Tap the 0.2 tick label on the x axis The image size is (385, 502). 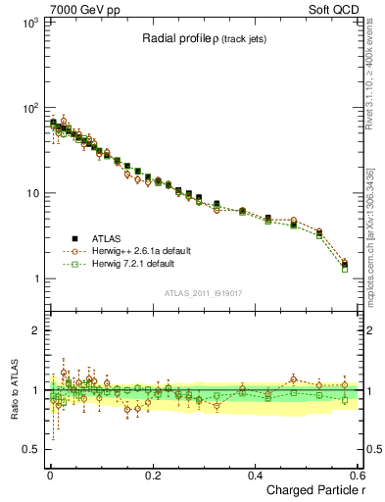click(x=153, y=475)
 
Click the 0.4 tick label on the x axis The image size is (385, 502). click(x=256, y=475)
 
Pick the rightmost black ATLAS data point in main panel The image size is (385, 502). click(x=344, y=262)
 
